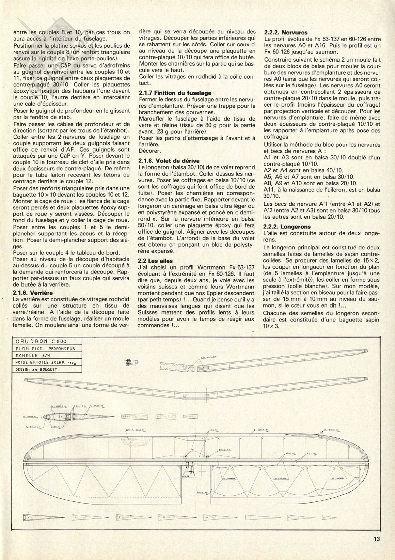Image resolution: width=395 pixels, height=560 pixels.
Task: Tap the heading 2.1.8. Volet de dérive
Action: click(166, 160)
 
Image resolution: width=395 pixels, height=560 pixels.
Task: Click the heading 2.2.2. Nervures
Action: click(286, 33)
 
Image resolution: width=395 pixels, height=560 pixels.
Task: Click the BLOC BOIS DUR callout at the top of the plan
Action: click(208, 358)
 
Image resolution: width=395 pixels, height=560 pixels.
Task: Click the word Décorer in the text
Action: click(149, 150)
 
